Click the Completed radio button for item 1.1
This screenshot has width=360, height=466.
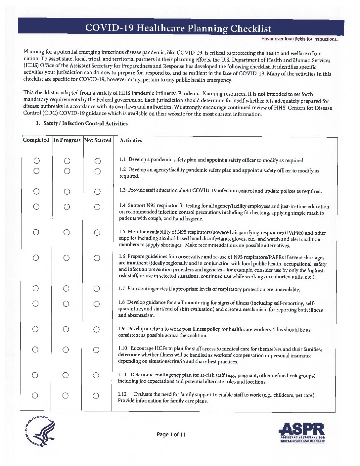tap(37, 161)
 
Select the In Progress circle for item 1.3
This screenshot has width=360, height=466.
tap(67, 191)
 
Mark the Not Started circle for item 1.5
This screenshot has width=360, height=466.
tap(97, 233)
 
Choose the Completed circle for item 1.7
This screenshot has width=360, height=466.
tap(36, 288)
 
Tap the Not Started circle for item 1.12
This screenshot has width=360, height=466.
tap(96, 396)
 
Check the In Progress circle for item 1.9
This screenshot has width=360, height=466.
tap(66, 329)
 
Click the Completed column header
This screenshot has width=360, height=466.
tap(36, 140)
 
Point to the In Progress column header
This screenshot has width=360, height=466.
tap(67, 140)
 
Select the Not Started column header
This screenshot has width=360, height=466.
tap(98, 140)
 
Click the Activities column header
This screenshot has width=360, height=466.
tap(131, 141)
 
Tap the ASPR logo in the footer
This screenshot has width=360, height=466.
tap(302, 432)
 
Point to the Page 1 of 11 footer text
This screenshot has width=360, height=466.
tap(171, 435)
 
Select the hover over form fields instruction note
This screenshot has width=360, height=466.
tap(299, 39)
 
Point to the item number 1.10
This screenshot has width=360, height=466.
tap(122, 349)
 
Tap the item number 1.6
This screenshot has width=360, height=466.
tap(122, 257)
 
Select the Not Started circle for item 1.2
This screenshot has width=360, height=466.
tap(97, 171)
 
